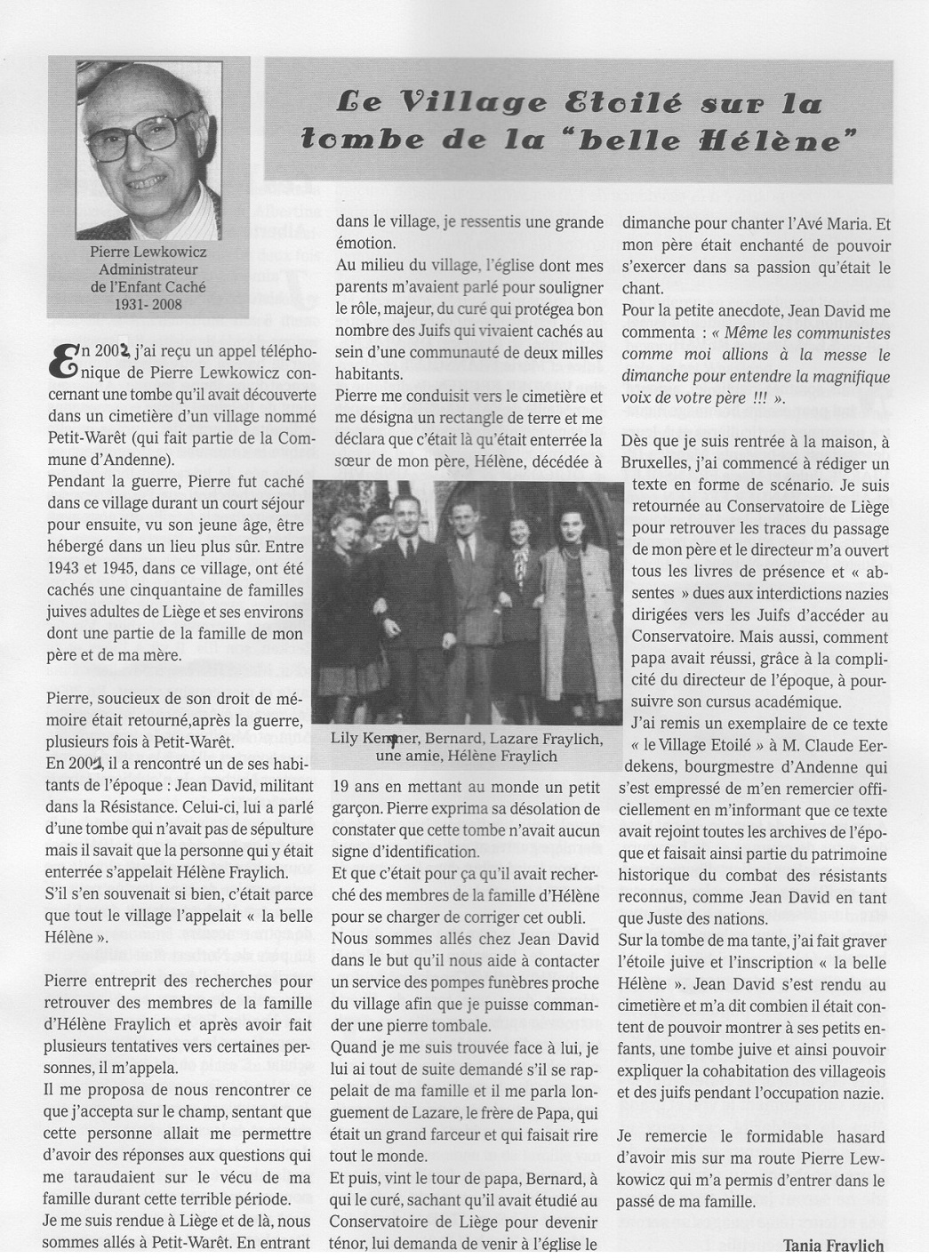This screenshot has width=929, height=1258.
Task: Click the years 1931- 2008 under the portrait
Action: [148, 304]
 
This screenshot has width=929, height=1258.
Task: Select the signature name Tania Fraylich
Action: [834, 1245]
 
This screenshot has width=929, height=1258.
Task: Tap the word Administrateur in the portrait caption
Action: [148, 269]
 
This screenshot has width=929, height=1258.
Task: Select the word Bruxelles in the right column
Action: [662, 464]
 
